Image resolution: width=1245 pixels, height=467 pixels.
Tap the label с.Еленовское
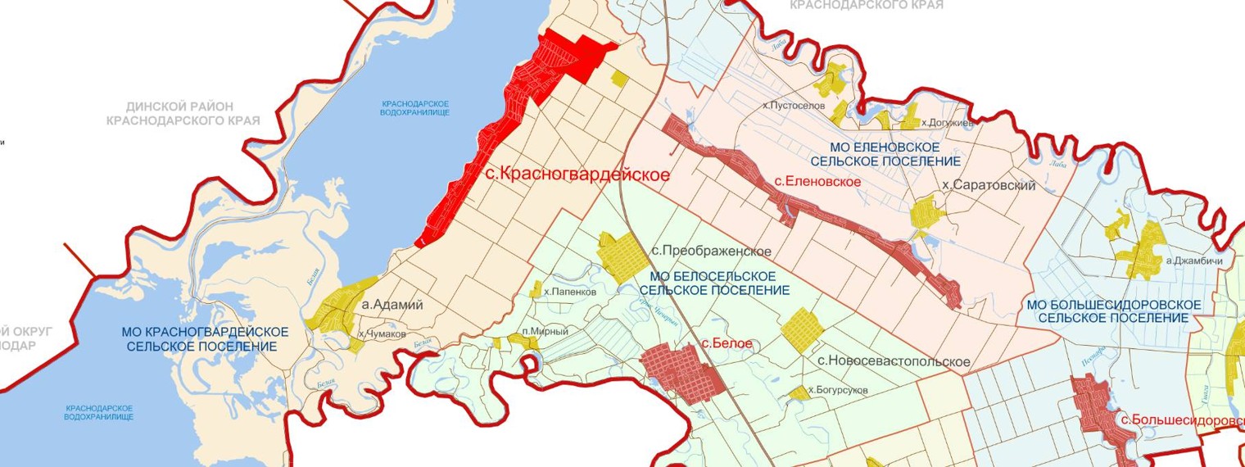[817, 181]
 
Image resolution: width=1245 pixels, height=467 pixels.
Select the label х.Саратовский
[989, 186]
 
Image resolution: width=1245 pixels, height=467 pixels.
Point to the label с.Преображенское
[711, 251]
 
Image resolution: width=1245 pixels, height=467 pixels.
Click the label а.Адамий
[392, 305]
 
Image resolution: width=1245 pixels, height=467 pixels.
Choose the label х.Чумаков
[383, 334]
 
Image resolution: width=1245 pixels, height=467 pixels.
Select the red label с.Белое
[727, 343]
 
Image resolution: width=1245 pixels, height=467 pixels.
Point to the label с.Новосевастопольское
[894, 361]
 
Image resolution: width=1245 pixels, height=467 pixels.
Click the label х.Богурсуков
[837, 391]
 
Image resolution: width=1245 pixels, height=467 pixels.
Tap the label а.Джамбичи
[1194, 261]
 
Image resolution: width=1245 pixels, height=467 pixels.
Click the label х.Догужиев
[947, 123]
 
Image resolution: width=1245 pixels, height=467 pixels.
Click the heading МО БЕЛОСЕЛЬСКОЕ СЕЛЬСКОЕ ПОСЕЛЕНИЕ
[714, 283]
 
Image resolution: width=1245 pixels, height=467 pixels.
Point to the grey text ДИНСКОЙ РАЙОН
[180, 107]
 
